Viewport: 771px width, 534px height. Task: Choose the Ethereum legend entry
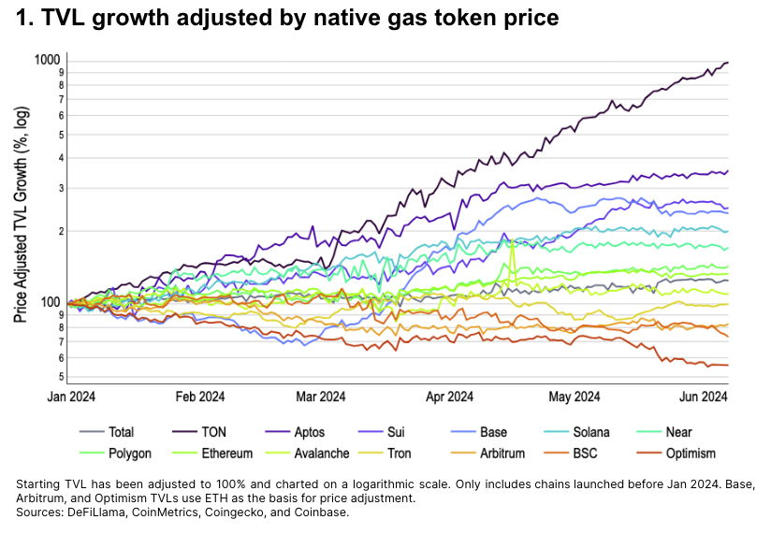(226, 454)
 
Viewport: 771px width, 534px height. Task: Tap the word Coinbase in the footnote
(325, 512)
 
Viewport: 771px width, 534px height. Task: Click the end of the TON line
(728, 63)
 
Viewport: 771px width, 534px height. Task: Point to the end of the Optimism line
(728, 365)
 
